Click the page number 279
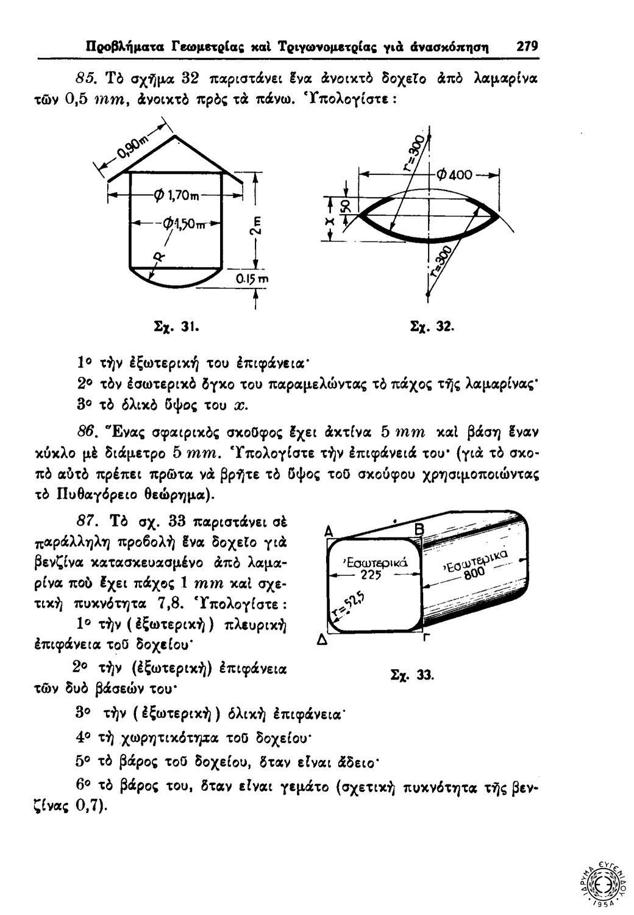tap(525, 46)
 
